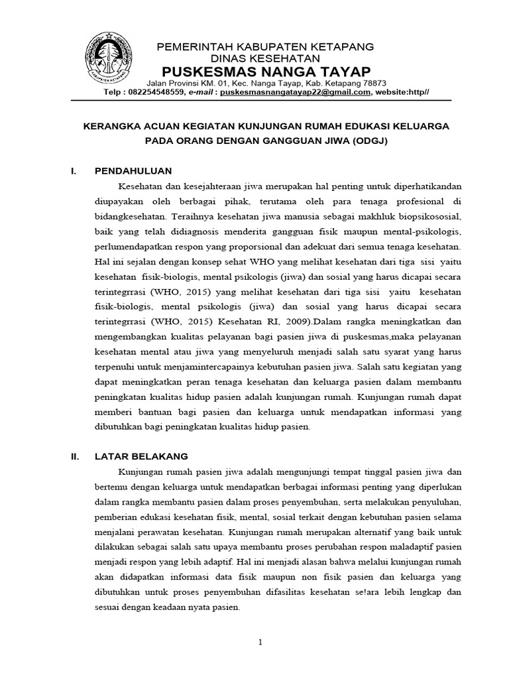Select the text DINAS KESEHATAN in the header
(x=265, y=58)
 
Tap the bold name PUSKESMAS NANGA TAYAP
(x=265, y=71)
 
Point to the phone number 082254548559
(x=154, y=93)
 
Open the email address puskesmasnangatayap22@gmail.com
(x=295, y=93)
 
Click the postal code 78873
(x=372, y=83)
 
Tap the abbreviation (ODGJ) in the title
(x=363, y=141)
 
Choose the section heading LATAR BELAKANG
(x=141, y=456)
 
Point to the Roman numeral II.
(x=75, y=456)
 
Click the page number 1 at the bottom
(x=260, y=642)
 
